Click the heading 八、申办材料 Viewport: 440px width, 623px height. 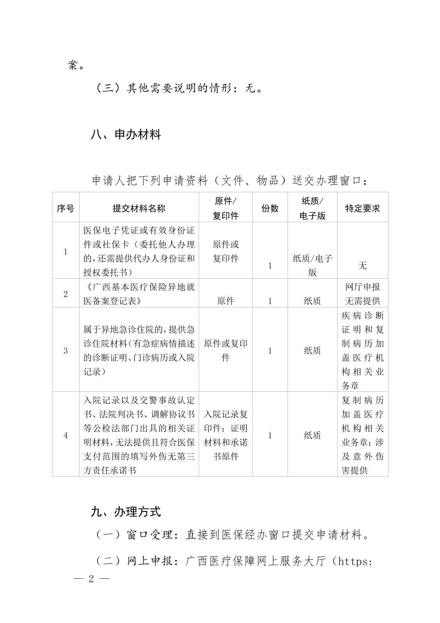125,134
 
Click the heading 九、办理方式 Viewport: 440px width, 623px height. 125,512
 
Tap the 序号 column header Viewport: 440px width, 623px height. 66,208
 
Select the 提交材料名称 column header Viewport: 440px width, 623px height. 139,208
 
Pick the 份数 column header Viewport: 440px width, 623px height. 270,208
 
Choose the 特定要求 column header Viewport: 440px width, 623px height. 362,208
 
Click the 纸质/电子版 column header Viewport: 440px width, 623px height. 312,208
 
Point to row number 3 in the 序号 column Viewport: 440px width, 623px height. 66,350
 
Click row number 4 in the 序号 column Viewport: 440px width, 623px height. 66,435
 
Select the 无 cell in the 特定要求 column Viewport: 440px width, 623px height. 363,266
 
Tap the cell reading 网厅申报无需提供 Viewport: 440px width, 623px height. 363,294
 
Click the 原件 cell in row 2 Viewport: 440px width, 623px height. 225,301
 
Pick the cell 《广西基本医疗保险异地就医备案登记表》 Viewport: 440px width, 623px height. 139,294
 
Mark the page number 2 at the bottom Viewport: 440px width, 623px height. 91,579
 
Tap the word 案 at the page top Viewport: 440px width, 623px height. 73,65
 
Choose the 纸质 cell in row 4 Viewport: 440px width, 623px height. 312,435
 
